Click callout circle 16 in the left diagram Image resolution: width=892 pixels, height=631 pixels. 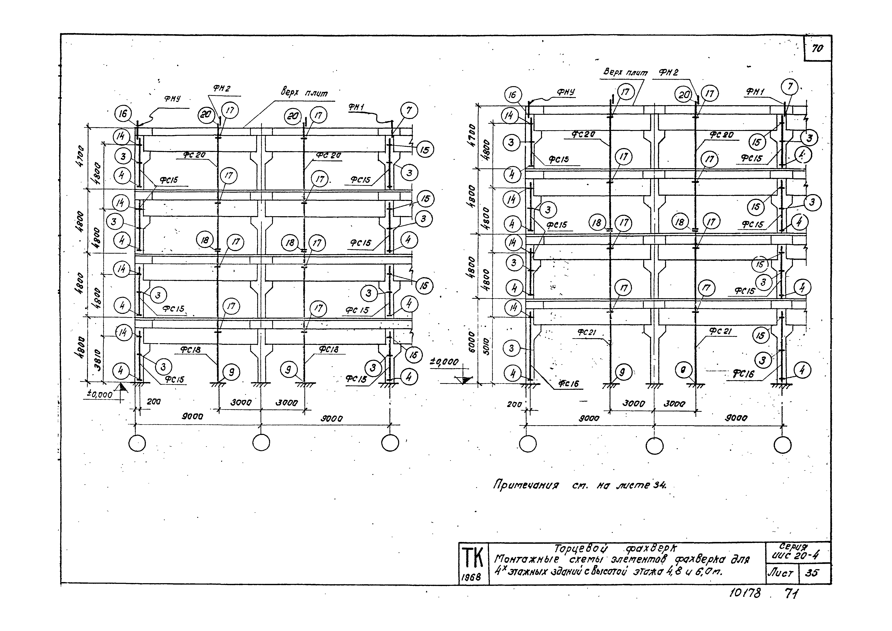pos(123,114)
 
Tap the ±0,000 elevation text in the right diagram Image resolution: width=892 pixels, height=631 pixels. pos(444,362)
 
